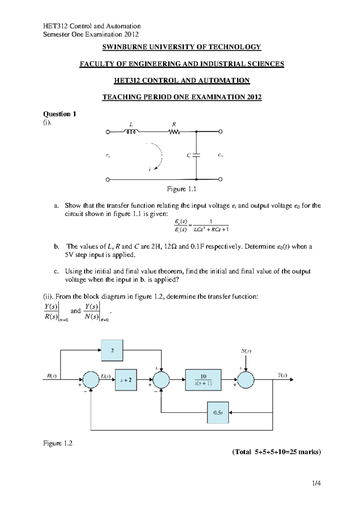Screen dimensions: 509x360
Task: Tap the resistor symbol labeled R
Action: click(174, 132)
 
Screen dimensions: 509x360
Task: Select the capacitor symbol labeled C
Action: click(196, 155)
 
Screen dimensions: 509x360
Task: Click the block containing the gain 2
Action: click(112, 350)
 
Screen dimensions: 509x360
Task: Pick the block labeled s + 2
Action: click(126, 380)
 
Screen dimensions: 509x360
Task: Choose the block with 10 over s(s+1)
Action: click(203, 380)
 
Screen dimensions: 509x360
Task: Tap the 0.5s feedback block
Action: click(218, 412)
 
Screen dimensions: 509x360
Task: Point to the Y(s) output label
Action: click(282, 375)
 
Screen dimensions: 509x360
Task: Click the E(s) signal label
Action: click(106, 376)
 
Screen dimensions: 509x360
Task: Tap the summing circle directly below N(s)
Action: click(246, 380)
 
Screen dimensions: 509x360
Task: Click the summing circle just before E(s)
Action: click(91, 380)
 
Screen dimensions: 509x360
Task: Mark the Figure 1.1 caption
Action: click(181, 189)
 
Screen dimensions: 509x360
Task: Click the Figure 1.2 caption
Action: click(58, 443)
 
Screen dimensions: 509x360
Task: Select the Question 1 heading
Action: click(60, 114)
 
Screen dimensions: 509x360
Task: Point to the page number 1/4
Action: click(316, 483)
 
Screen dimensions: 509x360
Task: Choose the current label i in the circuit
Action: click(150, 170)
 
